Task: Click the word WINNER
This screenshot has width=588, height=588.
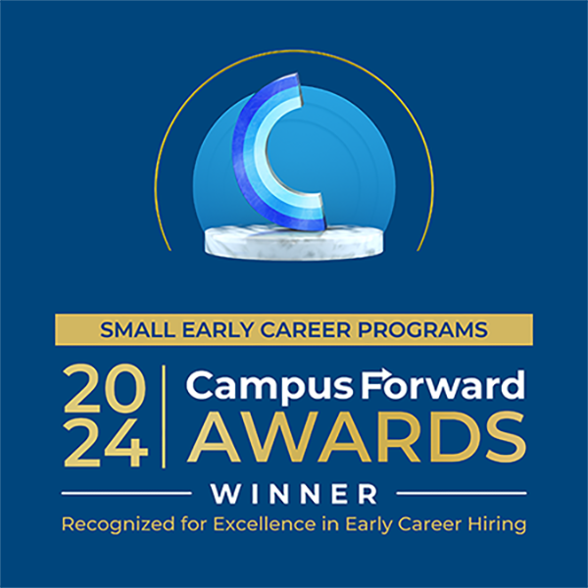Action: coord(294,491)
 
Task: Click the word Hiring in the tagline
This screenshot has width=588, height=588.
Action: coord(499,524)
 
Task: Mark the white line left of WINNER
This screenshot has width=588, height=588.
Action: coord(126,492)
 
